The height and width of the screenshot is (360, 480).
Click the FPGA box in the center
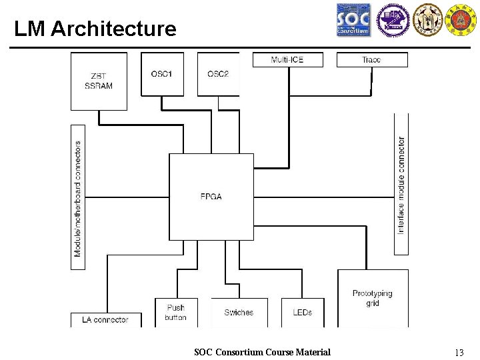pos(211,197)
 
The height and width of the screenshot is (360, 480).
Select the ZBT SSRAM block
pos(99,81)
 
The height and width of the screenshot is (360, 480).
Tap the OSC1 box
pos(162,74)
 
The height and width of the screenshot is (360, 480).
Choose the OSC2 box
pos(218,74)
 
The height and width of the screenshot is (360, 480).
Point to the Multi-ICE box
pos(287,60)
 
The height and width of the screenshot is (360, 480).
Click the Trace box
pos(371,60)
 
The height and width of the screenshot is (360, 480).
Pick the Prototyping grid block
pos(373,297)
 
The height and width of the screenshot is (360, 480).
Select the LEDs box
pos(302,312)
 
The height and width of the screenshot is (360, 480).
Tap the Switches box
pos(239,312)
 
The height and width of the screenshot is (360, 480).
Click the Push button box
pos(176,312)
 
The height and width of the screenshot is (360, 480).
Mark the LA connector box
pos(106,320)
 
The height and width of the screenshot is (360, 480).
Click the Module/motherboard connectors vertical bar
pos(78,198)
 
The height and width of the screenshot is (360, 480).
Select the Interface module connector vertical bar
pos(401,185)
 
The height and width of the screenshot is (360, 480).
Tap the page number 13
pos(458,353)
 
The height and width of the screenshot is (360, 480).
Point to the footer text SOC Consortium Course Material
pos(262,352)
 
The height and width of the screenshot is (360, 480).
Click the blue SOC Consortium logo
pos(353,20)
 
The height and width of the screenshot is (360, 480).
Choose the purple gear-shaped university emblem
pos(391,20)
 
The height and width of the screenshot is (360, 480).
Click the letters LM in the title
pos(29,29)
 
